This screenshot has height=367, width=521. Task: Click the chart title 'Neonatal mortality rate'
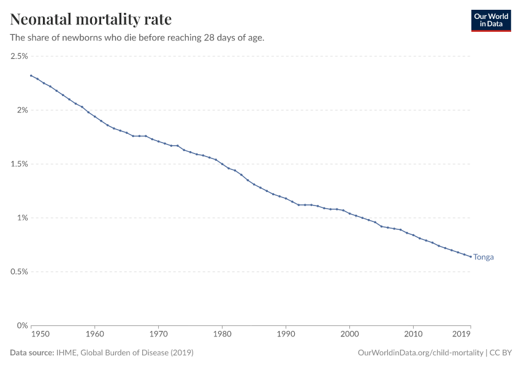tap(91, 19)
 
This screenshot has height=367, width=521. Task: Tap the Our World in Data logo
tap(490, 20)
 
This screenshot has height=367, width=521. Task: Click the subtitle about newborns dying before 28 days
tap(137, 38)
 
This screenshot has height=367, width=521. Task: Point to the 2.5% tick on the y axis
tap(19, 56)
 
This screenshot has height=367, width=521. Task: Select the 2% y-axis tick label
tap(22, 110)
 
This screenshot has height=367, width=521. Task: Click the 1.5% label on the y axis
tap(19, 164)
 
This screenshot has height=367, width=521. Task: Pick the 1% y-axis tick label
tap(22, 218)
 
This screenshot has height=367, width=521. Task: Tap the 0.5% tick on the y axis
tap(19, 272)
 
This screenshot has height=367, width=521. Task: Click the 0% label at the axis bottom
tap(22, 325)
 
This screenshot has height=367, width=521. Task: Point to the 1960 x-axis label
tap(94, 335)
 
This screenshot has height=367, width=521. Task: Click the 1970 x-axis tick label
tap(158, 335)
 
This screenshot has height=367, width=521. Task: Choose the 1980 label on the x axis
tap(222, 335)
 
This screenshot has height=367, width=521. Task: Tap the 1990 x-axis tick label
tap(286, 335)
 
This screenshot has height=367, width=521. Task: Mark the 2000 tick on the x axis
tap(349, 335)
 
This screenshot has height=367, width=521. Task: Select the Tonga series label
tap(483, 258)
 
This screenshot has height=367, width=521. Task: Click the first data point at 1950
tap(31, 75)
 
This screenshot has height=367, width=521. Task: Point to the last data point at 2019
tap(470, 256)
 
